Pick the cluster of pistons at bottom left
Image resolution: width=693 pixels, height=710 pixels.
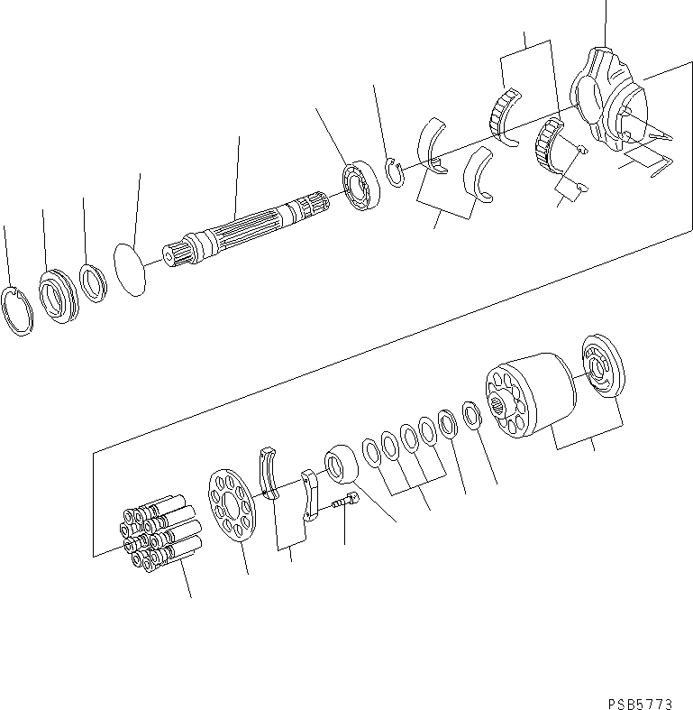159,537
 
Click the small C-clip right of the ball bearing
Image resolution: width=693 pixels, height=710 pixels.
395,173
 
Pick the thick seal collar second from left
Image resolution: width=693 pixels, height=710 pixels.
59,293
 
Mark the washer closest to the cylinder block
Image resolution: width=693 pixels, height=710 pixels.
470,414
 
